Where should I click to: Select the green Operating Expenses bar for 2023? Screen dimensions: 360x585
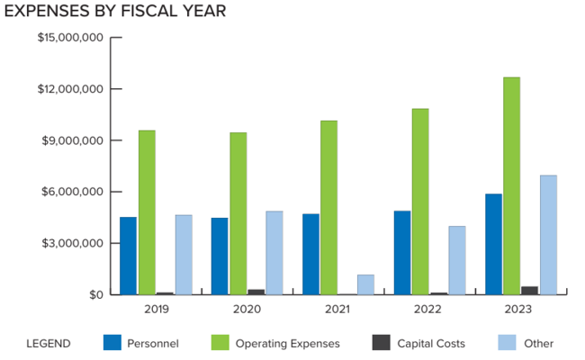point(511,185)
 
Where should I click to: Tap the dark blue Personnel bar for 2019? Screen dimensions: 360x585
point(128,256)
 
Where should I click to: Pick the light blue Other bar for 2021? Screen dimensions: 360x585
point(365,284)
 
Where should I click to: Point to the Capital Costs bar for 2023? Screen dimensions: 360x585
point(530,290)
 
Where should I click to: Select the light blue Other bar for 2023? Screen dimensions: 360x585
point(548,235)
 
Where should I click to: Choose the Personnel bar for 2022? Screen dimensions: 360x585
point(401,253)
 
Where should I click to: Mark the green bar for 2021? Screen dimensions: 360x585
point(328,207)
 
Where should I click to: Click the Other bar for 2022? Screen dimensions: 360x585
point(457,260)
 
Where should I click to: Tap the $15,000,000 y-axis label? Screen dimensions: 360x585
point(71,38)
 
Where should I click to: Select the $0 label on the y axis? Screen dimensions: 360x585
point(96,294)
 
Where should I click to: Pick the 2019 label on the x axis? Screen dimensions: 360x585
point(156,309)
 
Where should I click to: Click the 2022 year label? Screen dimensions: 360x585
point(429,309)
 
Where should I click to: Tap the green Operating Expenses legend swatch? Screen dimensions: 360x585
point(220,343)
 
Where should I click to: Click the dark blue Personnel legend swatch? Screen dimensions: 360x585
point(112,343)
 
